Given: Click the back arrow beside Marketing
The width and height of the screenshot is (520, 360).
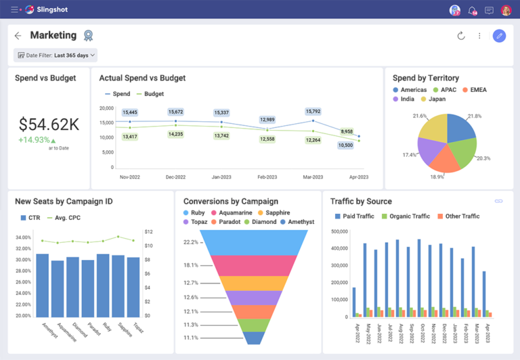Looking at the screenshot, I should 18,36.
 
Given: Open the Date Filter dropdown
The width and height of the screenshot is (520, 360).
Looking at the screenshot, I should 55,55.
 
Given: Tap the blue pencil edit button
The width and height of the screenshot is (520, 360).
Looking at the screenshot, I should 499,36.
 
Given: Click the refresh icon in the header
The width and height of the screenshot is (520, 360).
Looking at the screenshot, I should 461,36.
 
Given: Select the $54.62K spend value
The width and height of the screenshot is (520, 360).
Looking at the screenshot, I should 49,124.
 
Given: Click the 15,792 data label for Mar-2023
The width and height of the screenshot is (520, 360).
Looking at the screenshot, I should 313,112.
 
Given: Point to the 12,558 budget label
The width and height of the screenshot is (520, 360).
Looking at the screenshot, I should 267,139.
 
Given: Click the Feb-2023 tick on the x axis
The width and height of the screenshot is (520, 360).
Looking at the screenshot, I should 267,177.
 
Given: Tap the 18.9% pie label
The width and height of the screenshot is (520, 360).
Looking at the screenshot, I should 437,177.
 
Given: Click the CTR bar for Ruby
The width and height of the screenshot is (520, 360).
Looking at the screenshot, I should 103,285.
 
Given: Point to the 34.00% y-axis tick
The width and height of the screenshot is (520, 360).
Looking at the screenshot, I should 22,238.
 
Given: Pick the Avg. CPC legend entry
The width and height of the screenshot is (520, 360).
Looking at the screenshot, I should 66,218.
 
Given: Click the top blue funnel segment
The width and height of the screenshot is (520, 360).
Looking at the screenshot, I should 254,242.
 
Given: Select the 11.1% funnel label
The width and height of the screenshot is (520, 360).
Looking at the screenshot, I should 190,338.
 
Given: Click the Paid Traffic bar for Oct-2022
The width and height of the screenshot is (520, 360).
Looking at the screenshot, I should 419,277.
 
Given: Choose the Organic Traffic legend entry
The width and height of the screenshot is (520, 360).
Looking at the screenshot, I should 407,217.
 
